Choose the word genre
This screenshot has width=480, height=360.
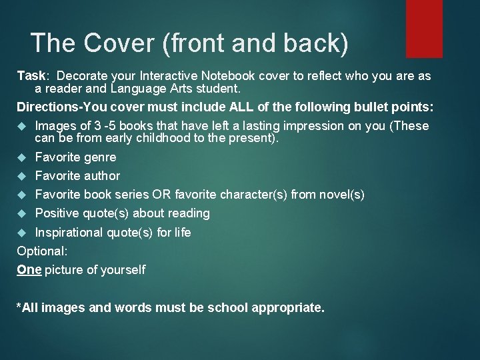click(x=101, y=157)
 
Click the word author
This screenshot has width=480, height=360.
click(x=102, y=176)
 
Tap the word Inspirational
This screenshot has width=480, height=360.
click(x=68, y=233)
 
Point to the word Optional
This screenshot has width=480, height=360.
click(x=41, y=251)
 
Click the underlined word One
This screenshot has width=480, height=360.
click(x=29, y=270)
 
